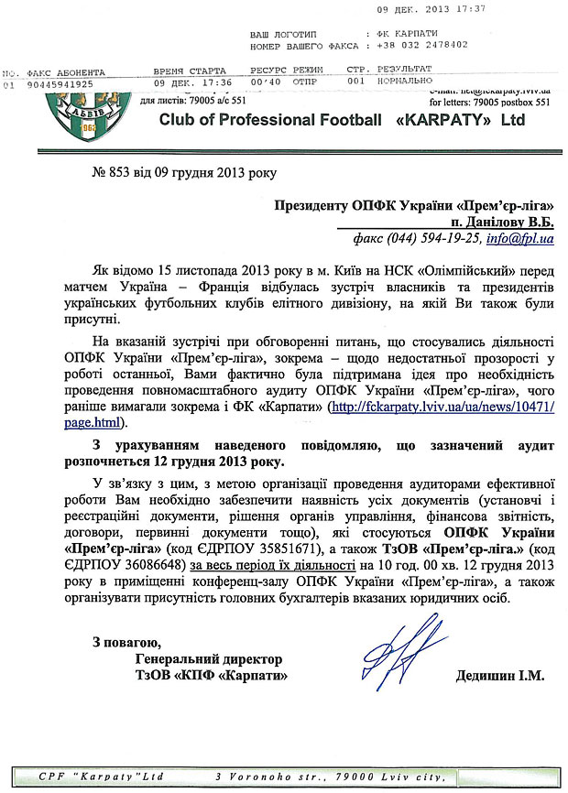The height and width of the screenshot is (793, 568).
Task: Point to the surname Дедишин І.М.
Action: [x=499, y=676]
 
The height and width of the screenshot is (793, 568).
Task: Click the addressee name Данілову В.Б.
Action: [x=501, y=223]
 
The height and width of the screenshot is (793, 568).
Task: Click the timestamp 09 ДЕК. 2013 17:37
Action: [x=443, y=8]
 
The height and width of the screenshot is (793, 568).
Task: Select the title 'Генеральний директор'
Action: [x=208, y=659]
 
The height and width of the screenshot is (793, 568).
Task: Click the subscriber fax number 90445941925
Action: [x=61, y=83]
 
